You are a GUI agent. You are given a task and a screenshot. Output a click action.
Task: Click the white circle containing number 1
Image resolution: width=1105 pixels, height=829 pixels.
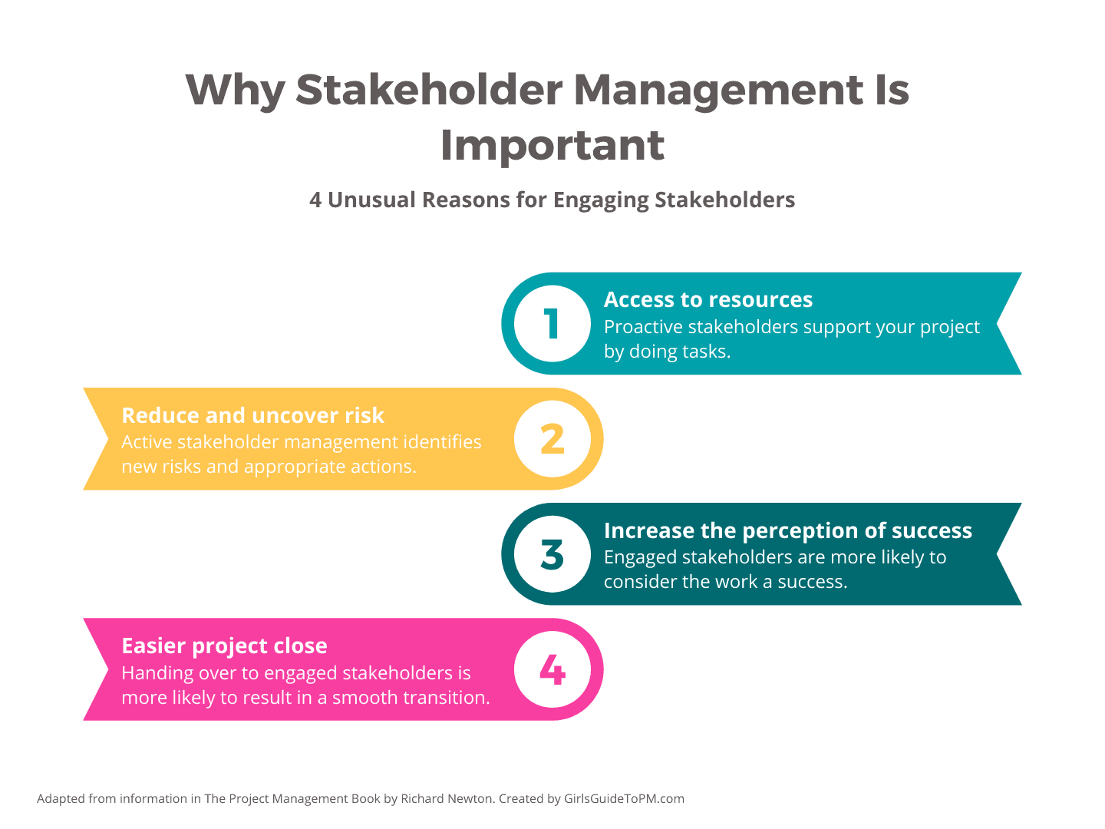(552, 324)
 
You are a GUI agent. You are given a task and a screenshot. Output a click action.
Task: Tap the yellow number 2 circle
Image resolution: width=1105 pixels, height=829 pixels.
(552, 439)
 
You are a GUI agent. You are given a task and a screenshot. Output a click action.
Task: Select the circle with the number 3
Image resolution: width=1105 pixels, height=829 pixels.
(552, 554)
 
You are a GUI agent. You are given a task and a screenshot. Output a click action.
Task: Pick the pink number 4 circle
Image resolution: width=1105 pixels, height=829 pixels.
(552, 669)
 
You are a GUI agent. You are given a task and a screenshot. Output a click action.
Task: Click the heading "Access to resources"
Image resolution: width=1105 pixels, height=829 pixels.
(708, 300)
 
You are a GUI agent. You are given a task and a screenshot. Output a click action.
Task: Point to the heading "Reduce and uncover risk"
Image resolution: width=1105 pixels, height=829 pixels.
(252, 416)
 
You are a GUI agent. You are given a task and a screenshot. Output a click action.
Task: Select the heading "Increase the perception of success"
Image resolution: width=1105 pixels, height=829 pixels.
(788, 531)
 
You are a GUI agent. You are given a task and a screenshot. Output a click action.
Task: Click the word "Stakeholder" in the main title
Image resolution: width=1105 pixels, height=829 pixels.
(429, 91)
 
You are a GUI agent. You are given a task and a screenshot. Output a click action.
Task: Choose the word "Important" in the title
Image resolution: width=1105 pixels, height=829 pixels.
(552, 146)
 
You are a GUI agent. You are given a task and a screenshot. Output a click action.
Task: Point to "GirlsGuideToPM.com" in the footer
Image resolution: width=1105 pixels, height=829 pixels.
(624, 799)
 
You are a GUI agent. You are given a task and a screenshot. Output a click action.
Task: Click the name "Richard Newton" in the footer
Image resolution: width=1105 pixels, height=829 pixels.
(447, 799)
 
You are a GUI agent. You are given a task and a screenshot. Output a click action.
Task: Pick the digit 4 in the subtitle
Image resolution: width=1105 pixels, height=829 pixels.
(315, 200)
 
